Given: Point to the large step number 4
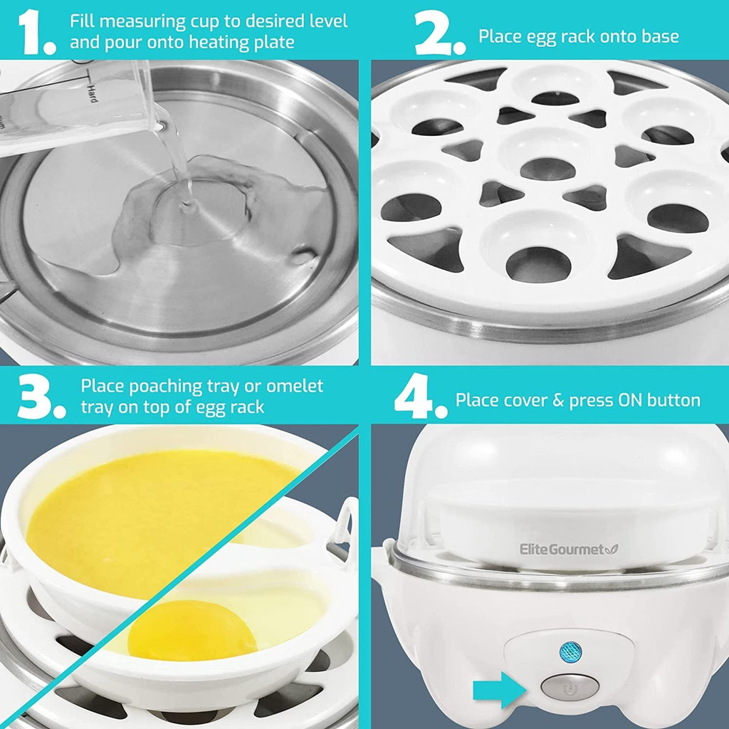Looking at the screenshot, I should (x=420, y=399).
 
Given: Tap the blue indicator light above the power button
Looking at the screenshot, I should (x=570, y=650).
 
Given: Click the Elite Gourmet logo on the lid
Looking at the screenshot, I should (x=567, y=549).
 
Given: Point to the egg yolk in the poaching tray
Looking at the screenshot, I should (x=192, y=629).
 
